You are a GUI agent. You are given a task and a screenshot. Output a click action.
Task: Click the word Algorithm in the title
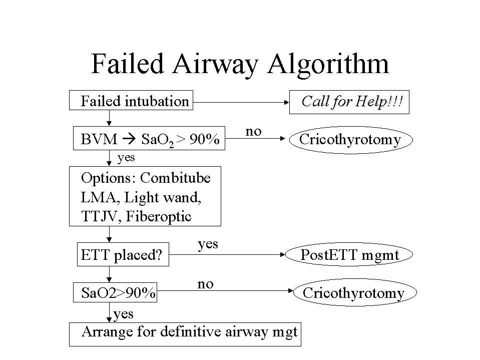point(328,64)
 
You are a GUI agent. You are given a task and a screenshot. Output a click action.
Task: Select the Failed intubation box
point(132,101)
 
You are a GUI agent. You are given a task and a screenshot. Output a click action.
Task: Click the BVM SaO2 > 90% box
point(149,139)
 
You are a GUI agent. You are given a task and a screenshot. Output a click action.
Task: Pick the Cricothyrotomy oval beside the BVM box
point(350,139)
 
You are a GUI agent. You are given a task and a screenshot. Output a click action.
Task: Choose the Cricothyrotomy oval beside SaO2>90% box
point(353,292)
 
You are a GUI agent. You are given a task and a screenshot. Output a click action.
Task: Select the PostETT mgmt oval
point(349,255)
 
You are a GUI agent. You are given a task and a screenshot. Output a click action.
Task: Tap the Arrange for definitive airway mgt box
point(185,332)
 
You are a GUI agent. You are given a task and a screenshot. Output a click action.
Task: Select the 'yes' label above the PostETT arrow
point(208,244)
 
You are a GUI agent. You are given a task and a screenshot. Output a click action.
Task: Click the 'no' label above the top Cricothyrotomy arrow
point(254,131)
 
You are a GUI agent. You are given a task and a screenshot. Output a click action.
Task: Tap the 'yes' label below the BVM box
point(126,158)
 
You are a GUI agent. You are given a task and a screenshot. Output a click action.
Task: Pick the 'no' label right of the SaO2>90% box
point(205,284)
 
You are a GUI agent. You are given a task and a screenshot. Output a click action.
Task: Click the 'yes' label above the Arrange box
point(123,314)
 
